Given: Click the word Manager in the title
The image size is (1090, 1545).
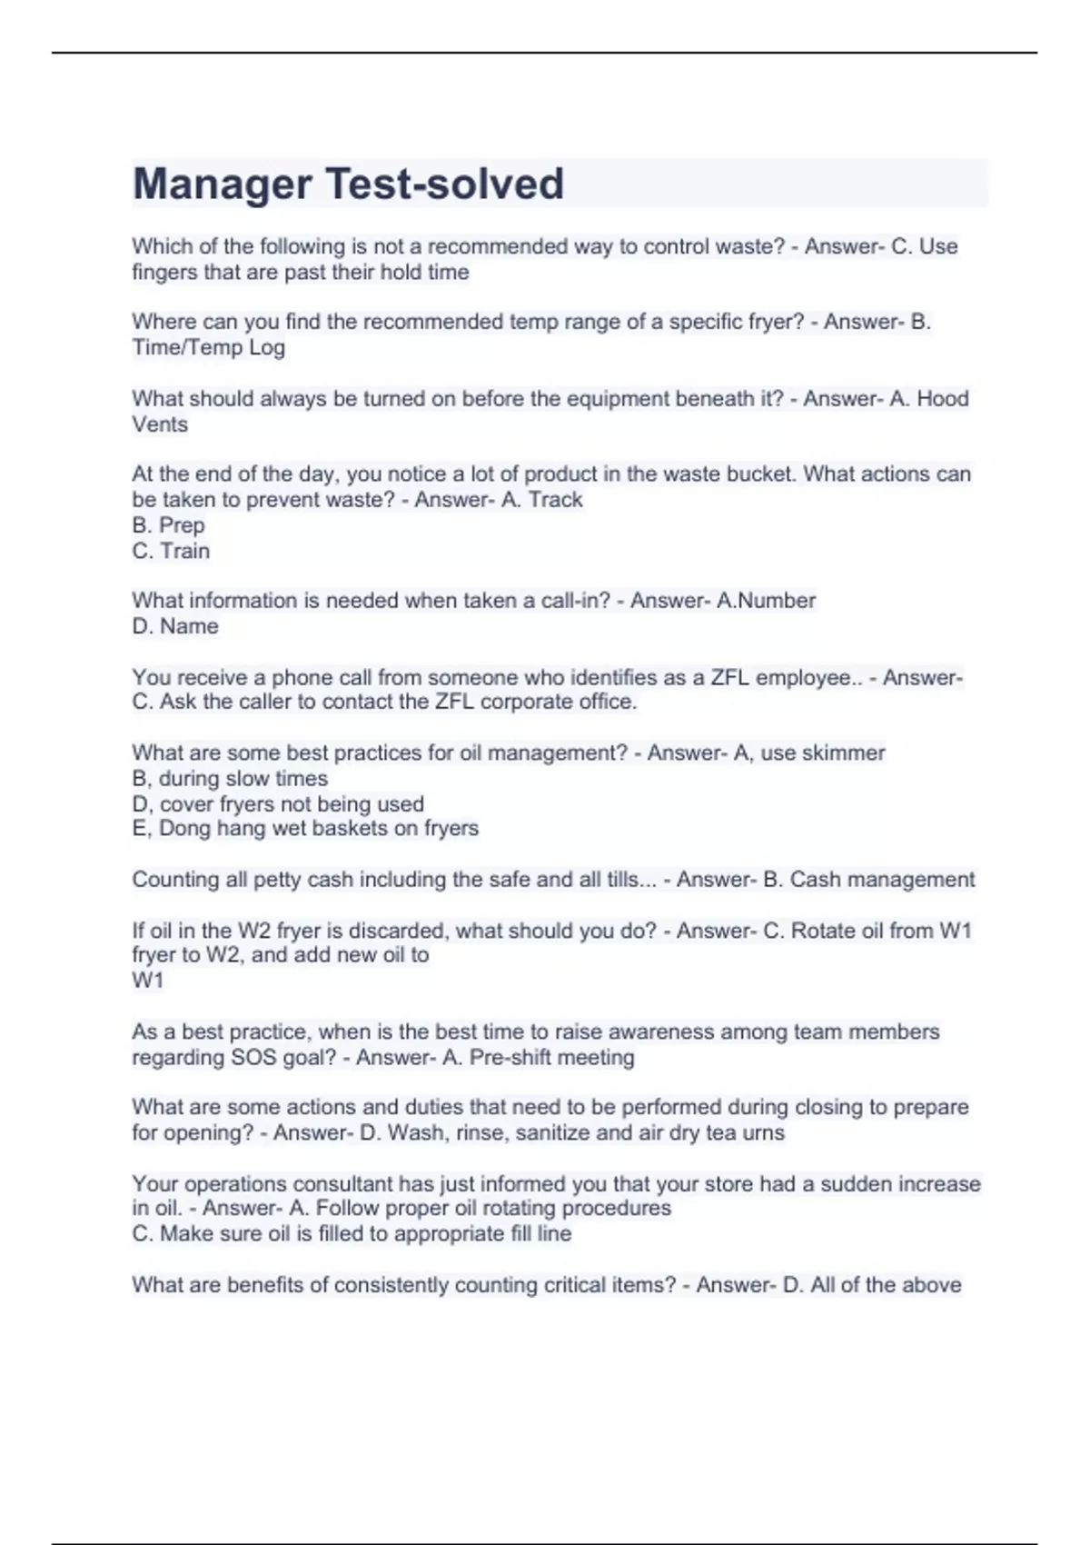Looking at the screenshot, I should pos(222,184).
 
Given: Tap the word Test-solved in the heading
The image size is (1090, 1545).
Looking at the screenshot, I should pos(444,184).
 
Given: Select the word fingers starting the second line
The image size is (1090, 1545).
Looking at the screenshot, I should pos(163,273).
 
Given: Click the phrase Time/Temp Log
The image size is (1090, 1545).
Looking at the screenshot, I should pos(208,347).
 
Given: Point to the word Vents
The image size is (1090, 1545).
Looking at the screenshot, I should pos(160,424).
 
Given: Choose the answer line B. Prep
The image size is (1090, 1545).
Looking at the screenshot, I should pos(168,525).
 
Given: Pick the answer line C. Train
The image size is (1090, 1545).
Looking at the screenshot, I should pos(171,551).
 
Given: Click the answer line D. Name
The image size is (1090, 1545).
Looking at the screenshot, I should pos(175,626).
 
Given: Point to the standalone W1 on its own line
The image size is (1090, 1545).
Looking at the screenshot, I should pos(147,981).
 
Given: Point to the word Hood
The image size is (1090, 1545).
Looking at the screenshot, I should pos(942,399).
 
